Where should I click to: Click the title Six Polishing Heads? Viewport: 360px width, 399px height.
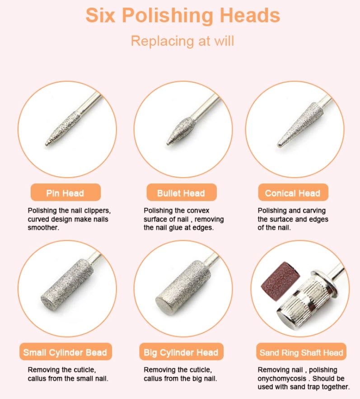[182, 16]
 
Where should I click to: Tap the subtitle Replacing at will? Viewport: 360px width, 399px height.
[182, 41]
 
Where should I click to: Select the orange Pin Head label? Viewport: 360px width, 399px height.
[65, 192]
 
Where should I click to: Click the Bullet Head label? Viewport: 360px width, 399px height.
[182, 192]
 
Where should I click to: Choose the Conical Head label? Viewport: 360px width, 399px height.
[293, 192]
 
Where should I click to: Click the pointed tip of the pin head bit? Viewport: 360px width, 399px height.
[47, 144]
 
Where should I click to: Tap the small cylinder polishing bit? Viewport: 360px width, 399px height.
[67, 285]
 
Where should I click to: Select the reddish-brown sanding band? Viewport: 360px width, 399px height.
[281, 282]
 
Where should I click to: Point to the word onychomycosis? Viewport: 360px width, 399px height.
[282, 378]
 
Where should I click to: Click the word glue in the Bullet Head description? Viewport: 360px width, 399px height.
[176, 227]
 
